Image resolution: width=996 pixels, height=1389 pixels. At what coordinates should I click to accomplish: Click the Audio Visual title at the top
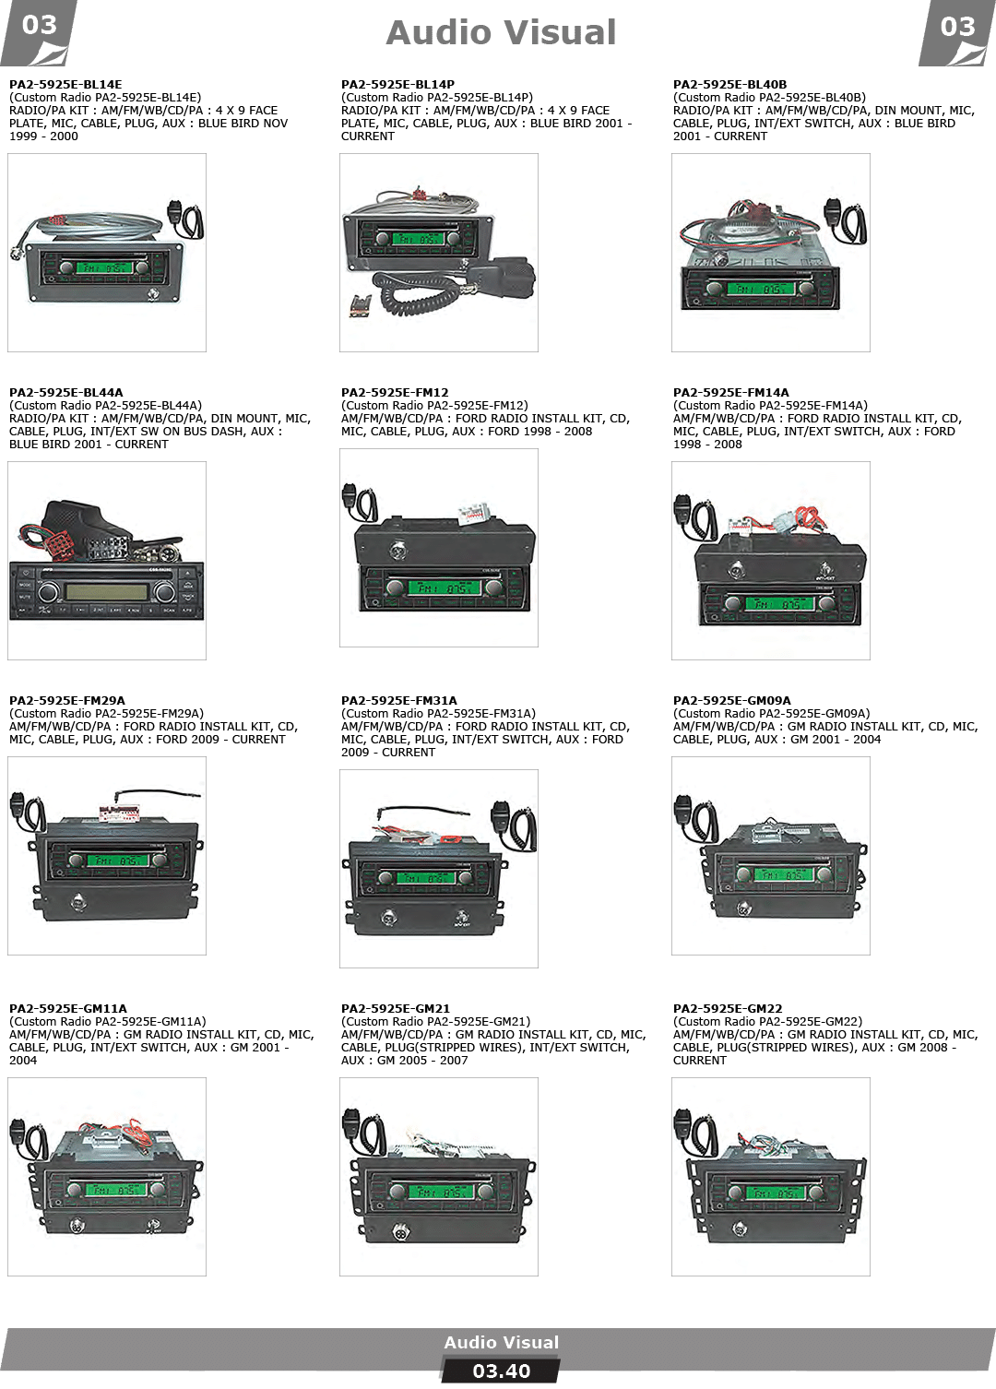[x=501, y=33]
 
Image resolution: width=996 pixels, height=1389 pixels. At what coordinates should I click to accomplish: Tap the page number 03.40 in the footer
[x=501, y=1371]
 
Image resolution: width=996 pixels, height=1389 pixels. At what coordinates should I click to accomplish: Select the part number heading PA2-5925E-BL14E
[x=65, y=84]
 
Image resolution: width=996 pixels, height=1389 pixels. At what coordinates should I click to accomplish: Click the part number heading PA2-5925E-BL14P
[x=397, y=84]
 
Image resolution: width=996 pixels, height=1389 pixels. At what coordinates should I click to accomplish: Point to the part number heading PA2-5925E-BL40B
[x=730, y=84]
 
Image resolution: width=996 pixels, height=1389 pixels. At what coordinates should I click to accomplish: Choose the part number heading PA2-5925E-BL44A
[x=66, y=393]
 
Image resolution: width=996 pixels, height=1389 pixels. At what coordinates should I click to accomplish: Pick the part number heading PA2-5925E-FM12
[x=395, y=393]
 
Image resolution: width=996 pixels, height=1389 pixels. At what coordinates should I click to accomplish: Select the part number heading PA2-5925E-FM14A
[x=731, y=393]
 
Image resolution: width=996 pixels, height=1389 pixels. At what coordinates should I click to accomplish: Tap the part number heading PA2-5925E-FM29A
[x=67, y=701]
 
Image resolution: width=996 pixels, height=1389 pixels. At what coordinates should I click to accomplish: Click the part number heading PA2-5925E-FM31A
[x=398, y=701]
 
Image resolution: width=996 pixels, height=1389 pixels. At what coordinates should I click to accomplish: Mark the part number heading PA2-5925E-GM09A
[x=732, y=701]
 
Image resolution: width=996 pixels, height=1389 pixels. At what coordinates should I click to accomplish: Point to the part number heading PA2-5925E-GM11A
[x=67, y=1009]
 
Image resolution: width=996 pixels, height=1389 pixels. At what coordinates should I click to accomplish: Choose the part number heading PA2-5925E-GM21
[x=396, y=1009]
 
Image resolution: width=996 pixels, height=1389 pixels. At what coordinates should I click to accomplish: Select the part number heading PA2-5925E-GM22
[x=728, y=1009]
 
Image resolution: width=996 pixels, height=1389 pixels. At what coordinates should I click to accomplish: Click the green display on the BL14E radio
[x=104, y=267]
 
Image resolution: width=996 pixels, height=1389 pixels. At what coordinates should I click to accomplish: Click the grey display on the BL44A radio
[x=107, y=591]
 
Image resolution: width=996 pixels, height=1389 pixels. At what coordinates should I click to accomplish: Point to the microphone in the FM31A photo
[x=514, y=826]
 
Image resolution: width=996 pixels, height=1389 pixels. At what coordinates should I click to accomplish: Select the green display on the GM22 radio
[x=776, y=1193]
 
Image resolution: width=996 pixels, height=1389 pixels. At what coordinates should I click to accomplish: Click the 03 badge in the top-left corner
[x=39, y=32]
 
